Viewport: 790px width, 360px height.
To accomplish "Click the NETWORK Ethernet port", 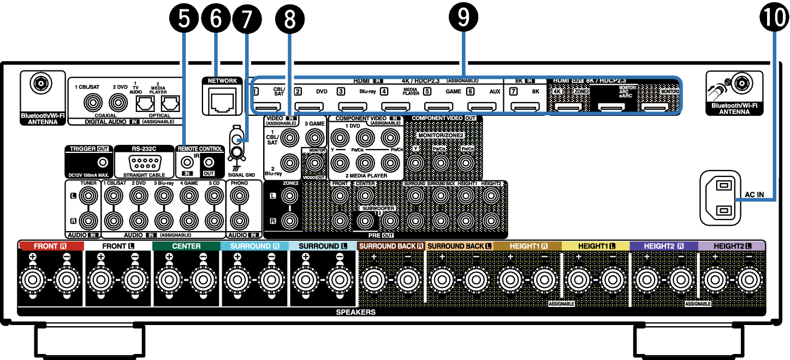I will tap(223, 102).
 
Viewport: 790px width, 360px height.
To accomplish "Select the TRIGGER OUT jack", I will tap(101, 162).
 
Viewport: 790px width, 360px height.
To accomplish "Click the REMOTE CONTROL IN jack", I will tap(187, 162).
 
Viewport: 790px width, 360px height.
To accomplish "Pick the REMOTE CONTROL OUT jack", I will tap(209, 162).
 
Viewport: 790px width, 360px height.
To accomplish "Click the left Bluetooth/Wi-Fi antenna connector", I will tap(40, 84).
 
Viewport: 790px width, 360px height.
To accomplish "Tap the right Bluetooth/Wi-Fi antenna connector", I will tap(741, 83).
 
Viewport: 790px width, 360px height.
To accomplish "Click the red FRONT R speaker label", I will tap(51, 246).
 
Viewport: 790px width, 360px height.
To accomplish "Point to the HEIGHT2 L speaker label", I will tap(732, 246).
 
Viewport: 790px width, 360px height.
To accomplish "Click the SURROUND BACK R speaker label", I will tap(391, 246).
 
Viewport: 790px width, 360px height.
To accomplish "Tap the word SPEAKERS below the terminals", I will tap(355, 312).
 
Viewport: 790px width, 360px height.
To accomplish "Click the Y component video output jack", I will tap(415, 162).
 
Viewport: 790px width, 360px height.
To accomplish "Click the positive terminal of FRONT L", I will tap(100, 281).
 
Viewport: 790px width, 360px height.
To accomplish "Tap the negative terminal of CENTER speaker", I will tap(203, 281).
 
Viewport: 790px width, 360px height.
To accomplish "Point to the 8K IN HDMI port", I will tap(526, 107).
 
